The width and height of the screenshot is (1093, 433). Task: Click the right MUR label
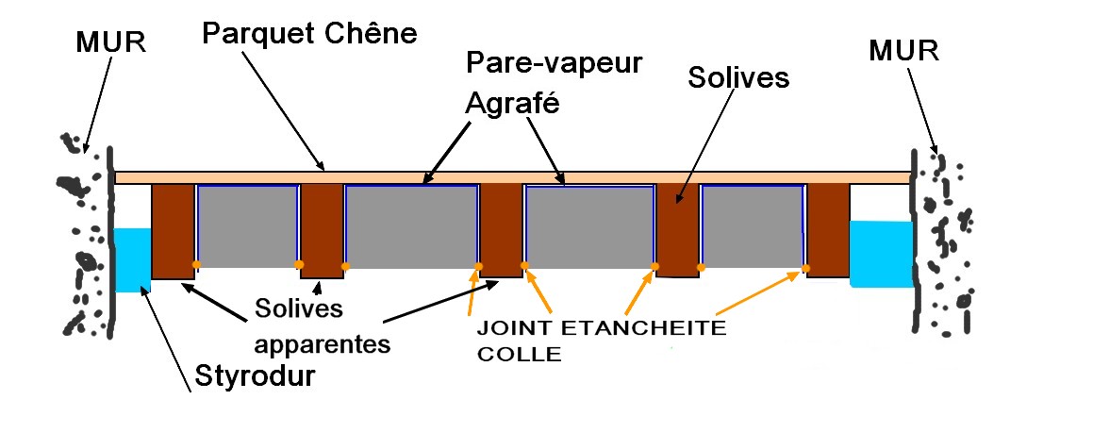(904, 49)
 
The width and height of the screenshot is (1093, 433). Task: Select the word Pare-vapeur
(555, 63)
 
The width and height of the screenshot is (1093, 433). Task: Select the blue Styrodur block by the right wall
(881, 253)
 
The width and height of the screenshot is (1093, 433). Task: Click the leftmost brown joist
(173, 231)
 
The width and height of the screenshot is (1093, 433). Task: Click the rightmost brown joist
(828, 229)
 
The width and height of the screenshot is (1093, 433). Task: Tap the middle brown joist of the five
(502, 229)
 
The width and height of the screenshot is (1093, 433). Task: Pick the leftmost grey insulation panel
(248, 226)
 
